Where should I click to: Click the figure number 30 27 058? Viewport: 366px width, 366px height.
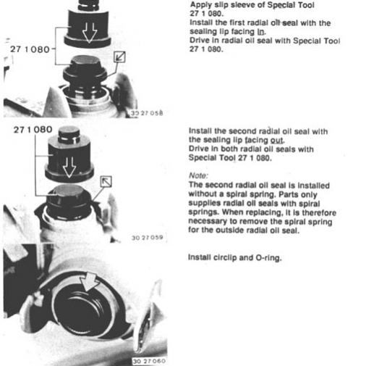(147, 113)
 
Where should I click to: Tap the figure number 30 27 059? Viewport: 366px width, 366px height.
(148, 238)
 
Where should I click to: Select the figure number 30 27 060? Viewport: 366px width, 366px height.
(149, 361)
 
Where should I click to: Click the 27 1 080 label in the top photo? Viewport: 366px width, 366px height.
(30, 49)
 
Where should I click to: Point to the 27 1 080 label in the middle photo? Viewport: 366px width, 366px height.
(33, 130)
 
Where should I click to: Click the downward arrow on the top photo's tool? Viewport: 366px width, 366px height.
(90, 33)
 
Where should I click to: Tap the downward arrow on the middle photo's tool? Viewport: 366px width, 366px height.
(69, 167)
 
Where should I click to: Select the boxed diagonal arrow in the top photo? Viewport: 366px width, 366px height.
(119, 57)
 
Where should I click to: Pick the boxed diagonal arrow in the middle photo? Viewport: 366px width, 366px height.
(106, 181)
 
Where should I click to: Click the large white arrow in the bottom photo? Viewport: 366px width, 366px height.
(89, 281)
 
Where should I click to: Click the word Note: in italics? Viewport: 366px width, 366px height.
(198, 175)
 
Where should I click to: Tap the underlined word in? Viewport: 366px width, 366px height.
(260, 32)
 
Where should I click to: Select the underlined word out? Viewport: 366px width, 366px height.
(277, 141)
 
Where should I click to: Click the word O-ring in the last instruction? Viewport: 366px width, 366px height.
(268, 258)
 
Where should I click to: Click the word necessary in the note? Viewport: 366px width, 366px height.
(208, 221)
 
